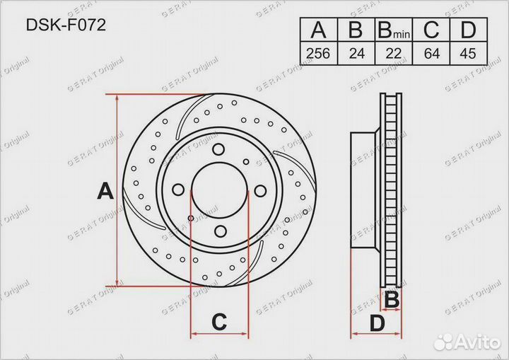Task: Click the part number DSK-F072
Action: (x=66, y=25)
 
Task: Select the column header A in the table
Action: (x=318, y=30)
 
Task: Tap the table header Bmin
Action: (x=394, y=30)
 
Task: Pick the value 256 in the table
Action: (x=318, y=53)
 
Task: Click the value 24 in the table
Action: (x=356, y=53)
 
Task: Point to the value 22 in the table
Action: (x=394, y=53)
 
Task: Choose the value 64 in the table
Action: (x=431, y=53)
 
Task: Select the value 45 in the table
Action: (x=468, y=53)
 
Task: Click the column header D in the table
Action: (x=468, y=30)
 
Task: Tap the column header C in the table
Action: (x=431, y=30)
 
